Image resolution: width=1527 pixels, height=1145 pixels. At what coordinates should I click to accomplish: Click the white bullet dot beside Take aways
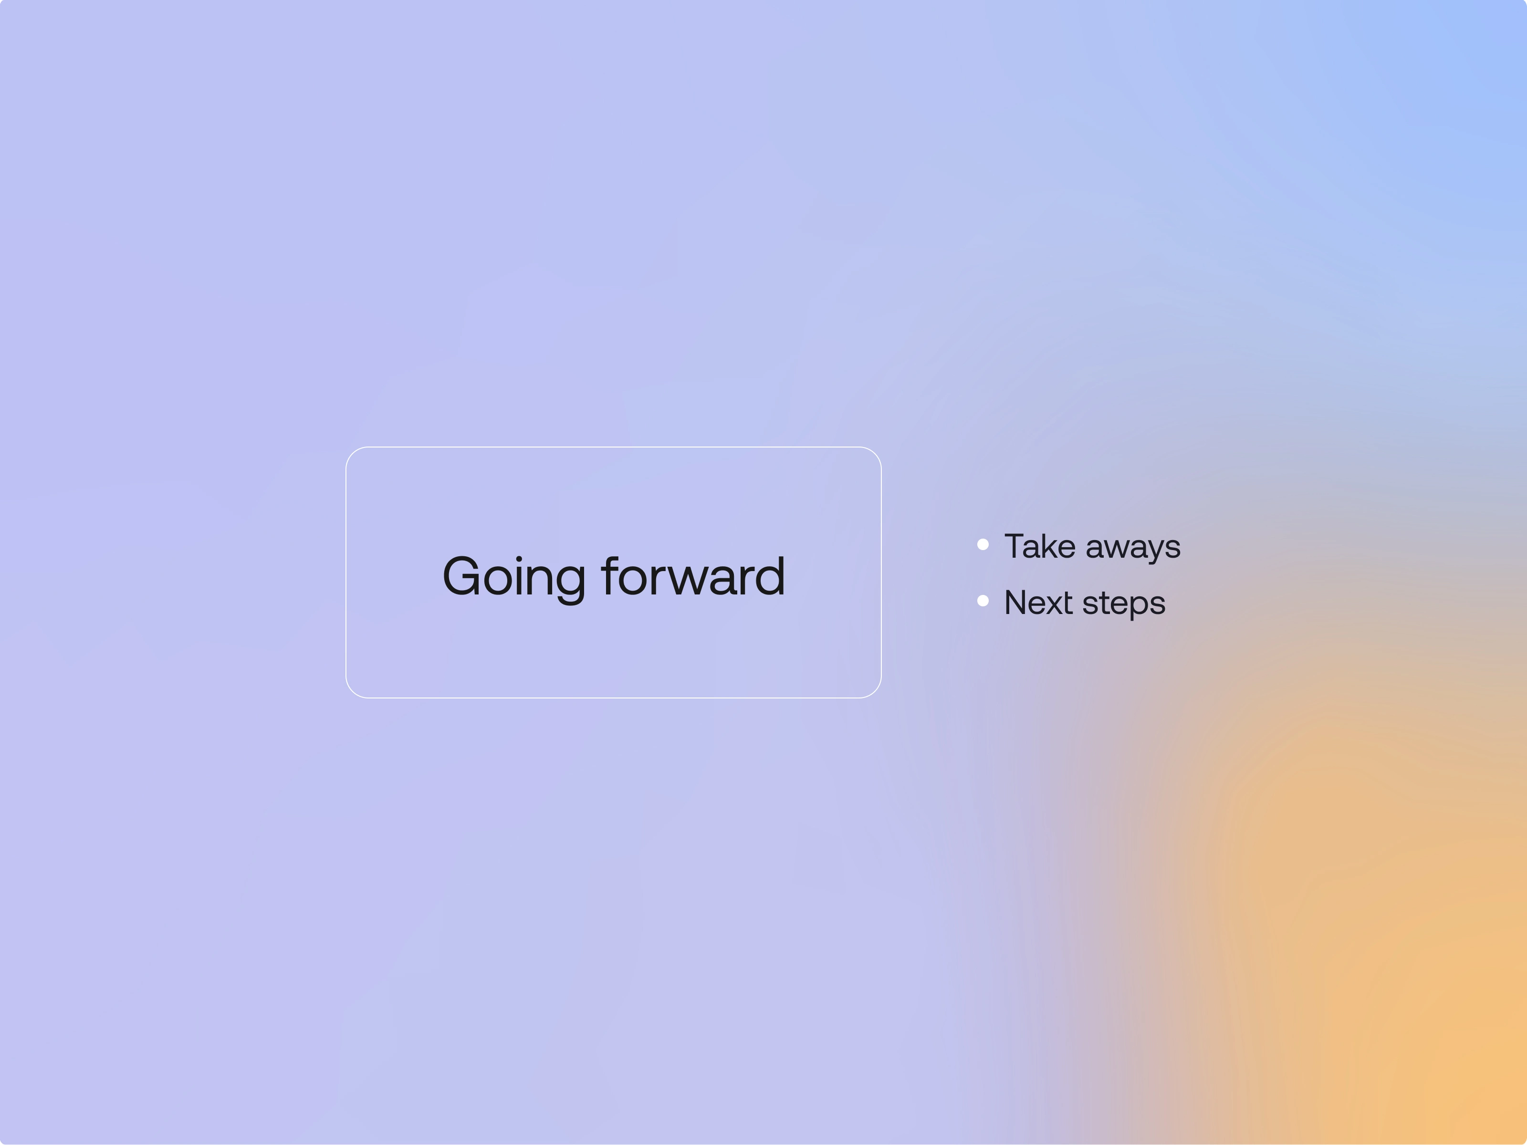point(983,544)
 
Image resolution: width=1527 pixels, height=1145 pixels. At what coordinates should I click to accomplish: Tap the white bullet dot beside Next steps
point(983,601)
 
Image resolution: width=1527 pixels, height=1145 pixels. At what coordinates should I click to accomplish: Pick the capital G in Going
point(461,576)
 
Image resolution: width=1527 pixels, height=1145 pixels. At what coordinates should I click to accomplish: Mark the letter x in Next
point(1054,606)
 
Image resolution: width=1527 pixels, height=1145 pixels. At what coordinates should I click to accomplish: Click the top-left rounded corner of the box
point(352,453)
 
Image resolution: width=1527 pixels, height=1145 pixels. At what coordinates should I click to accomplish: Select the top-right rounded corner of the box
point(875,453)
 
